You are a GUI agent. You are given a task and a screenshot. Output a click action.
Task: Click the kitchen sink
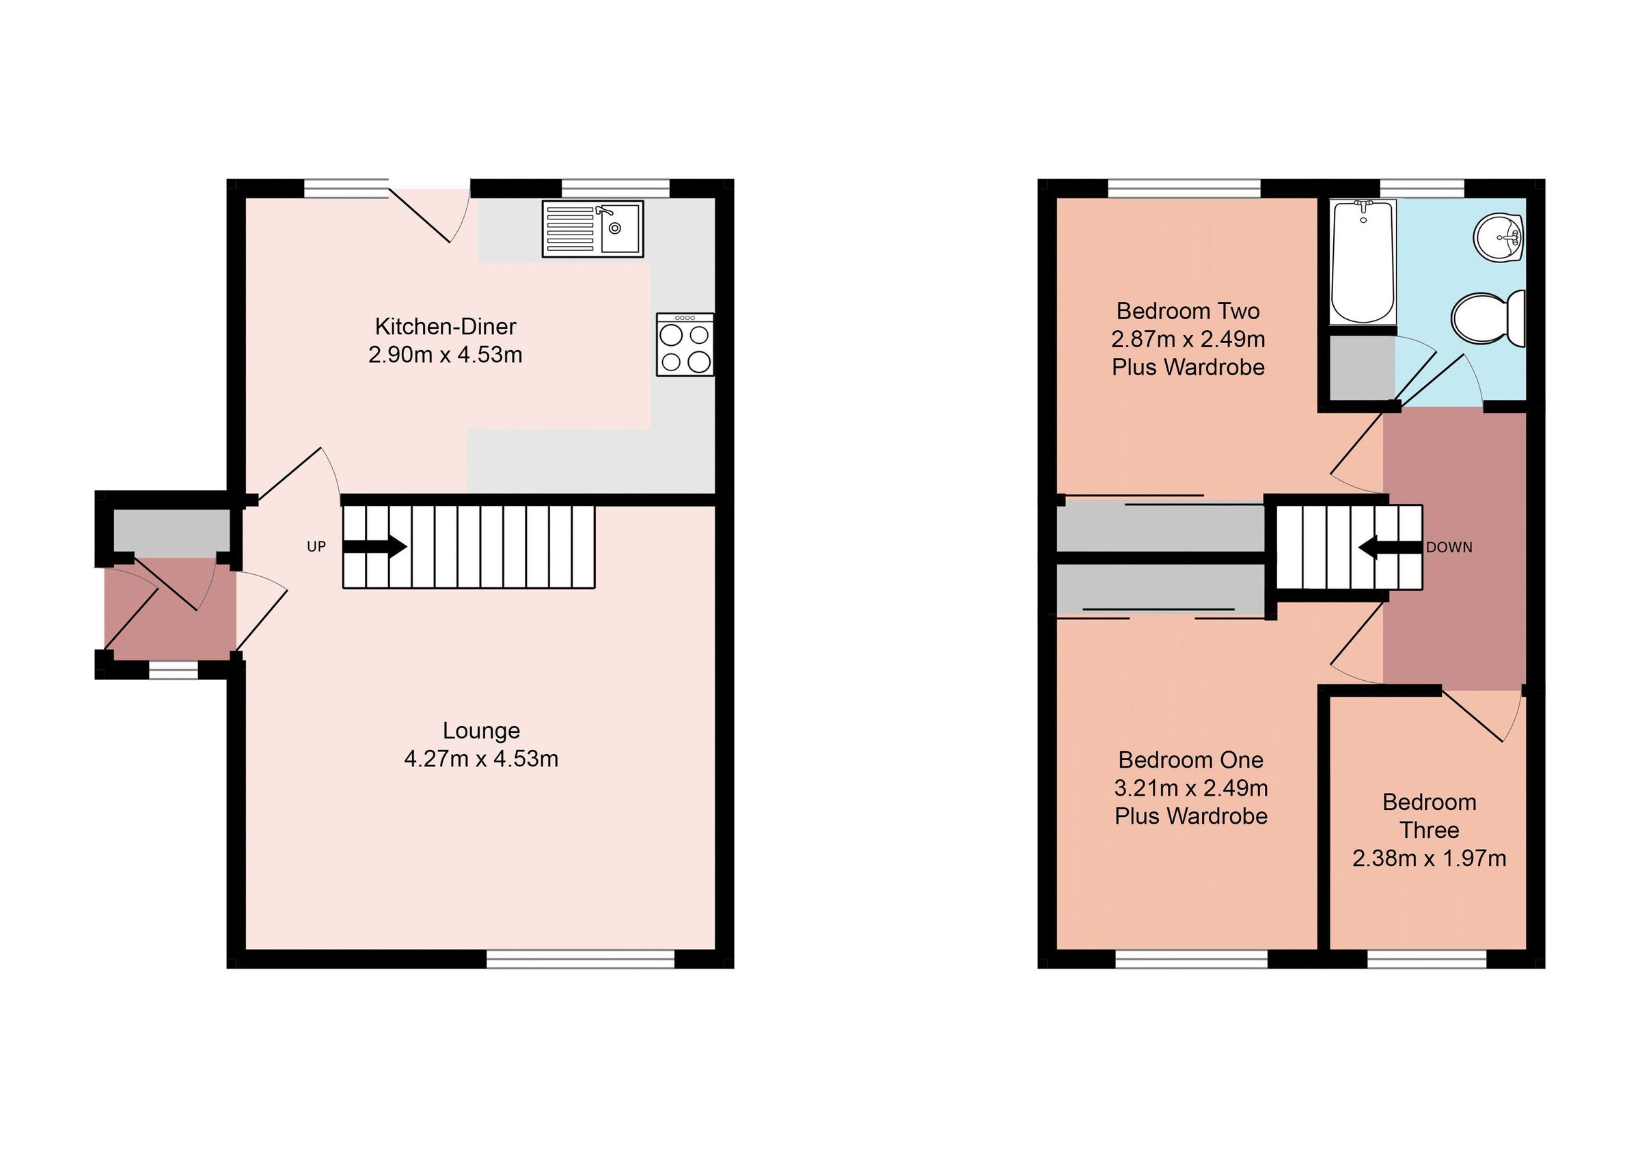point(592,228)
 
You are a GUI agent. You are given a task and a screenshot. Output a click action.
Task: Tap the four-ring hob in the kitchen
point(684,345)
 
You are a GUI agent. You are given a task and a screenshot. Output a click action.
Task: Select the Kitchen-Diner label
point(445,327)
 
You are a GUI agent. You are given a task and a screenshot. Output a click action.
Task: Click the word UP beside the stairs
point(316,547)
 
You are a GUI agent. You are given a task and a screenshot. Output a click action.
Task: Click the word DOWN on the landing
point(1449,548)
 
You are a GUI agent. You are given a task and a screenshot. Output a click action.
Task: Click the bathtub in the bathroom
point(1363,262)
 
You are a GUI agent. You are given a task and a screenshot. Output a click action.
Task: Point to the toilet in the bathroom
point(1488,318)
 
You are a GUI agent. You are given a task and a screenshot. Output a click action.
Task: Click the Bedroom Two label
point(1188,312)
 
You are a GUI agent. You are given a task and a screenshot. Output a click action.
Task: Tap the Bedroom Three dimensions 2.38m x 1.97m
point(1429,859)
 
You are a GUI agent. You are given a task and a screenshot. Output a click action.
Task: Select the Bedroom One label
point(1190,759)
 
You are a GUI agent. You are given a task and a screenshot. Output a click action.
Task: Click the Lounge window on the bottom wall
point(580,958)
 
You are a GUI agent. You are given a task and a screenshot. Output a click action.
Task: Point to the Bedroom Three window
point(1426,958)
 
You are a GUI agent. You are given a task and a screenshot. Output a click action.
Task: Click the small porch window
point(173,670)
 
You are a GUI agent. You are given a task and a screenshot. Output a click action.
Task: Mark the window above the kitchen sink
point(615,189)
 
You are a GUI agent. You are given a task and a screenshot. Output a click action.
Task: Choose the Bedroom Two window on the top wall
point(1184,189)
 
